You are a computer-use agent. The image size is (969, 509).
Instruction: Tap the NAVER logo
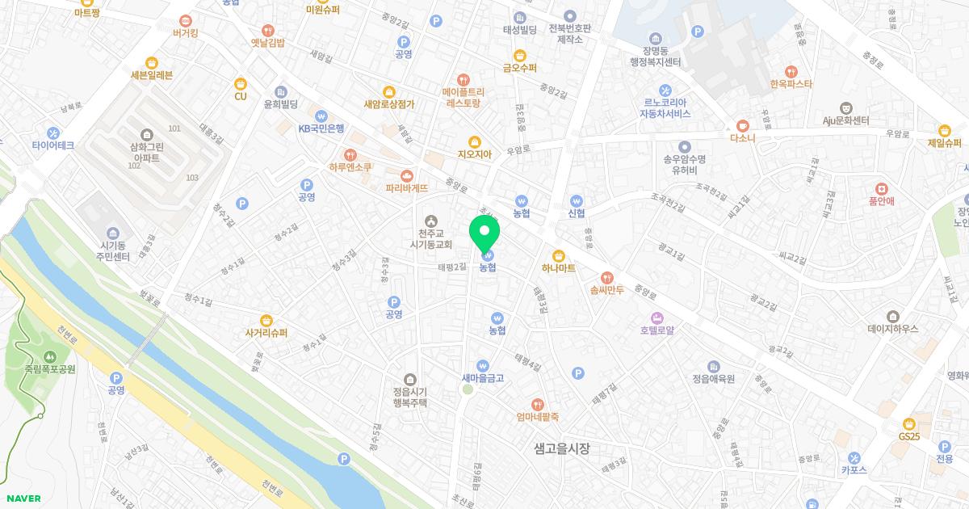23,498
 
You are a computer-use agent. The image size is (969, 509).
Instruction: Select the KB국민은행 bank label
321,128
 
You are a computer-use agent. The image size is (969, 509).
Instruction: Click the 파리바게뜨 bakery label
406,187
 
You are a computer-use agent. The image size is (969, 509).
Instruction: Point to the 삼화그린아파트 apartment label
145,153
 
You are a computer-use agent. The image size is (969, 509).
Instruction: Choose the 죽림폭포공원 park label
50,368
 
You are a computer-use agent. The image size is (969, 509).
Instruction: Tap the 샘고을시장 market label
562,448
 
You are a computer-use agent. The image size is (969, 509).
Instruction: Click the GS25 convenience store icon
908,423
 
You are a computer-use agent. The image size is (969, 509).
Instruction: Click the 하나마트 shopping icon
558,255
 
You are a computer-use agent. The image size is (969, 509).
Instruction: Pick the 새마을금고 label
483,377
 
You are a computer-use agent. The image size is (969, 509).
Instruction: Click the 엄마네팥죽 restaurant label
538,417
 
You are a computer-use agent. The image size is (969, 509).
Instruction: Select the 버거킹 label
186,33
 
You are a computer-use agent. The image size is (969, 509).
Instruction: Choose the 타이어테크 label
53,145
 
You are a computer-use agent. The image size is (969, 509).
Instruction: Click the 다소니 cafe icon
742,125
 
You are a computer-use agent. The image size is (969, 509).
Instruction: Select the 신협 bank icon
576,201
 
